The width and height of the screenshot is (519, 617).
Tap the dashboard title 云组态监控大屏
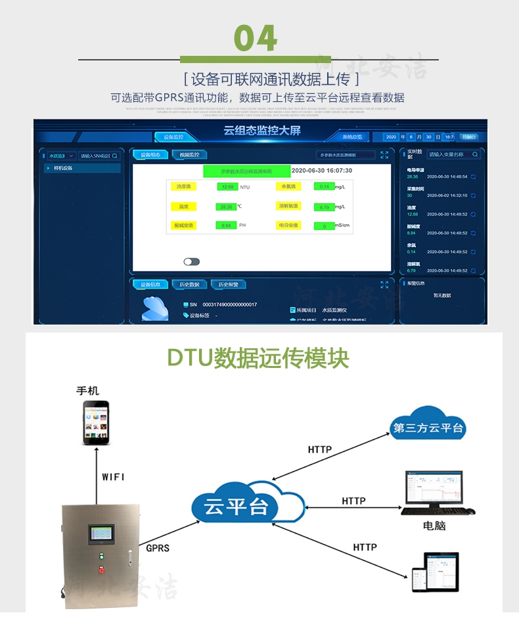click(x=261, y=131)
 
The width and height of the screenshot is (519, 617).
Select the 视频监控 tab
click(x=189, y=155)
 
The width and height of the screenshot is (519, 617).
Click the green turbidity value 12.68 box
click(x=227, y=187)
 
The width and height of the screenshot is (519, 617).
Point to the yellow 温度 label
click(x=183, y=206)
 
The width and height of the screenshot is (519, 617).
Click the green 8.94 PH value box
click(x=226, y=225)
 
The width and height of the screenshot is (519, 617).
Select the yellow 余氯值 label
click(x=288, y=187)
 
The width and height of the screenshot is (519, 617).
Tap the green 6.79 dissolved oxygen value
click(x=324, y=207)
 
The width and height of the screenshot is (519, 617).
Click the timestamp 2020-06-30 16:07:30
click(x=321, y=170)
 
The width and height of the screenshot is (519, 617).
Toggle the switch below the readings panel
click(x=191, y=262)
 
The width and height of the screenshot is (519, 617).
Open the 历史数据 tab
click(x=189, y=285)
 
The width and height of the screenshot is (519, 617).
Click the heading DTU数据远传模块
click(x=258, y=359)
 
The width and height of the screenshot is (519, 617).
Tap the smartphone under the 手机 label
click(x=97, y=423)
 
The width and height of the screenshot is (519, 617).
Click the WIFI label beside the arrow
click(x=113, y=477)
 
